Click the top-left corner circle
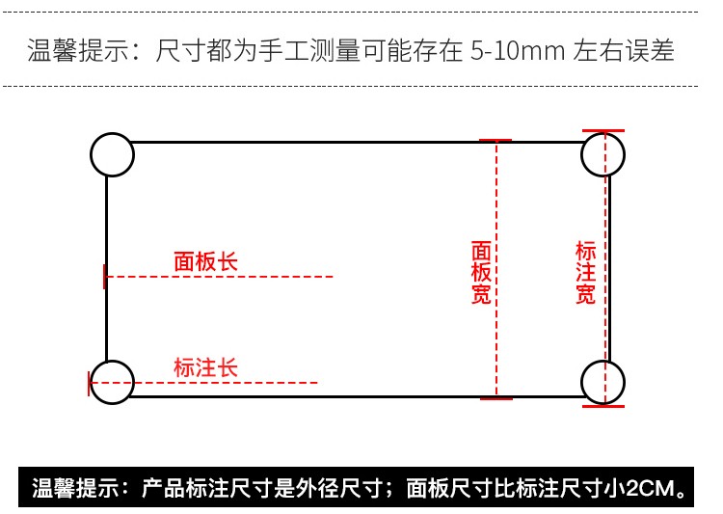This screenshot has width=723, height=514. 112,154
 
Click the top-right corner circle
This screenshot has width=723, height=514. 603,154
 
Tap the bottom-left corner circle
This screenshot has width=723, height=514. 112,382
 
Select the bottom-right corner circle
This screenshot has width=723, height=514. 603,382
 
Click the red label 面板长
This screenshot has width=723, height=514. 205,261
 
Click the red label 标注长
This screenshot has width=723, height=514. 205,367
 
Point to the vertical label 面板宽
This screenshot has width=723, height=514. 481,273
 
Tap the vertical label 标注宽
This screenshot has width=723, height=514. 585,273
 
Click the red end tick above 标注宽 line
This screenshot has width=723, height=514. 603,130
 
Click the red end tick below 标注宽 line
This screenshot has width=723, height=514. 603,405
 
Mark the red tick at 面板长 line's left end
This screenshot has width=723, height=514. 104,277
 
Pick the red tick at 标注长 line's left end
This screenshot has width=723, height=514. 90,383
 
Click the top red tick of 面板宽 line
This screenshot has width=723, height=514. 495,140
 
